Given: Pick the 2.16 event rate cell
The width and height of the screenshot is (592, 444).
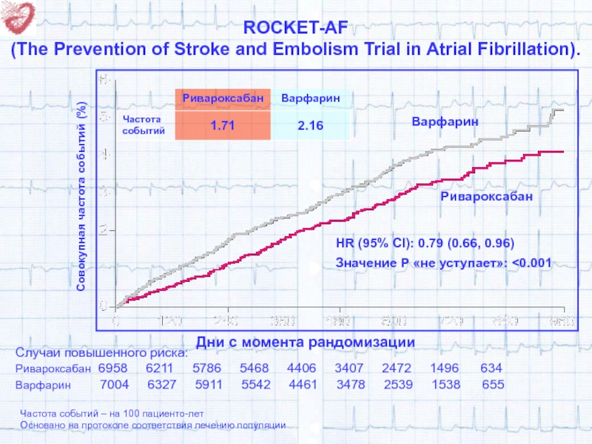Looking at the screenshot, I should coord(311,127).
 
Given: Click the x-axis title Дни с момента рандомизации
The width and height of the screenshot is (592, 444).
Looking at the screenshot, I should coord(306,341).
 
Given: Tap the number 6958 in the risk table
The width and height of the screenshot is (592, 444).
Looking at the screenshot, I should coord(113,369).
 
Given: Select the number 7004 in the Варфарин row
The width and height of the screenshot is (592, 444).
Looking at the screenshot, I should coord(115,385).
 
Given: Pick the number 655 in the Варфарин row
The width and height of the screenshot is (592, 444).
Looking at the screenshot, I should coord(493,385).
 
